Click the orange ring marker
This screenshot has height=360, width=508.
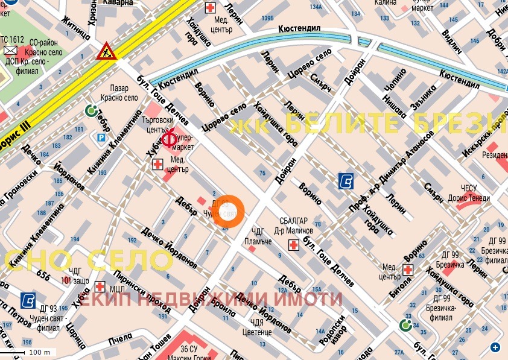click(229, 212)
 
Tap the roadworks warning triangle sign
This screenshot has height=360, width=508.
click(106, 51)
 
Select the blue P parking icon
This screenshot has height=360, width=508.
click(101, 137)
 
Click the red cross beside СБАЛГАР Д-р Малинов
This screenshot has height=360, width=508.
click(294, 245)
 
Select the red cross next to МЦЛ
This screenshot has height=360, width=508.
click(100, 285)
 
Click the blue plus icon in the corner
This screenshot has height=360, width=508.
click(495, 347)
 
